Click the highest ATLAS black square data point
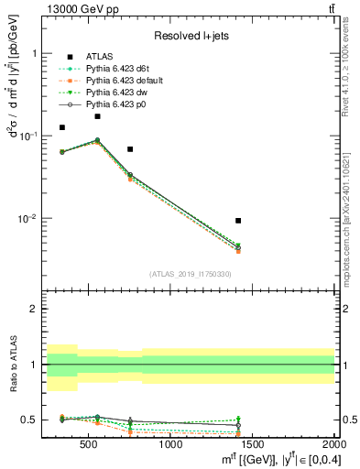tap(97, 116)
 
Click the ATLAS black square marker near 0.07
tap(130, 148)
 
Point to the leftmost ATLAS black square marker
tap(62, 127)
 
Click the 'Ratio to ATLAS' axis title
tap(13, 365)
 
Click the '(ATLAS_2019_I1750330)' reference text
tap(191, 274)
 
